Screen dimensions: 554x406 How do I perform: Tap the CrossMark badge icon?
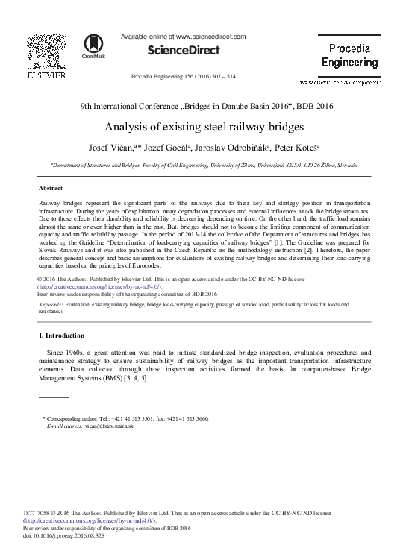(95, 46)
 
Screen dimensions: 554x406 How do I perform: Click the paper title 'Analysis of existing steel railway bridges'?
(202, 126)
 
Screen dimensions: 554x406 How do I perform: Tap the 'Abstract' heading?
(50, 189)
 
